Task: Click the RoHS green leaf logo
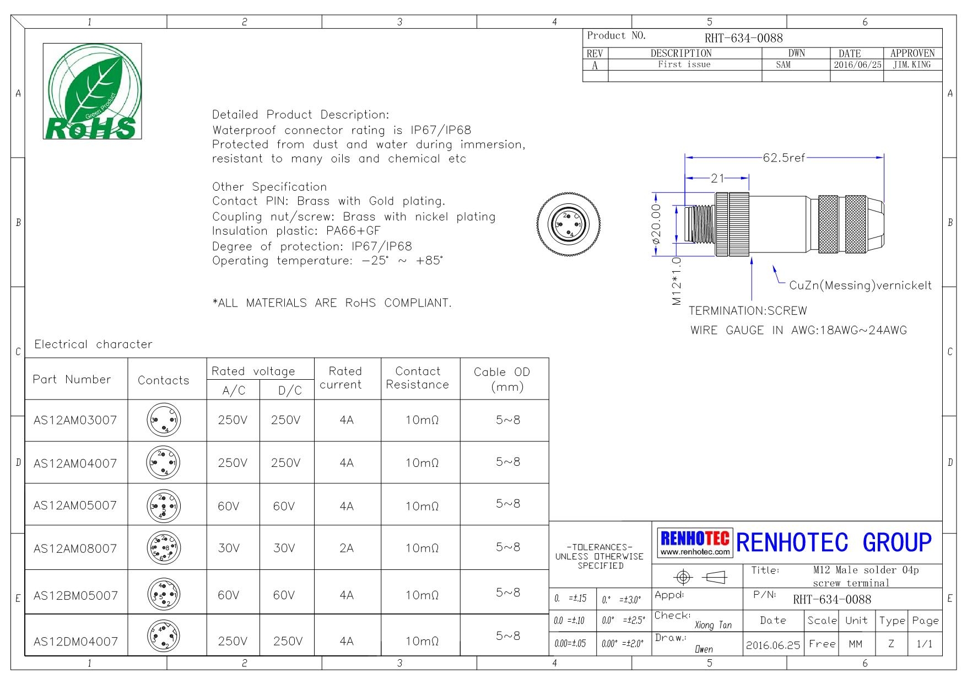92,91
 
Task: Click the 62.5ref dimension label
784,158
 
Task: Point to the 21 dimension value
717,178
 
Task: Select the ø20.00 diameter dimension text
656,224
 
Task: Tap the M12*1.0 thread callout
677,281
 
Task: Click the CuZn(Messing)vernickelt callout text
860,286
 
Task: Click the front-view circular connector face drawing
569,224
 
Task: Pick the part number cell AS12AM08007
75,548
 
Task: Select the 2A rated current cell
347,548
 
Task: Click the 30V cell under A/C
229,548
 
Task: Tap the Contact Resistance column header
418,378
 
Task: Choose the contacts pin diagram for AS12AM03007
164,420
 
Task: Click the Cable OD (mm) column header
502,379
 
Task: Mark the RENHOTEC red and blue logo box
695,542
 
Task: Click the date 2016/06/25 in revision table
857,65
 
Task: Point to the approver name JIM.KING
912,65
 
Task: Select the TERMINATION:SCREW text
748,311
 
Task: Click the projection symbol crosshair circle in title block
683,577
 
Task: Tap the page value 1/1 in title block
924,644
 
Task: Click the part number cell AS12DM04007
75,642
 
